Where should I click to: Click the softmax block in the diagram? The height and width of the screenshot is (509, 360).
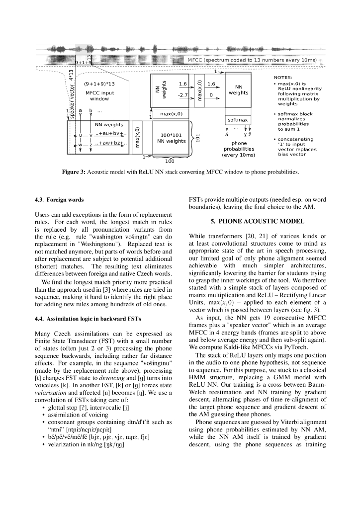coord(238,120)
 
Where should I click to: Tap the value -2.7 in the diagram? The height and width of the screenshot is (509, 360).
coord(182,94)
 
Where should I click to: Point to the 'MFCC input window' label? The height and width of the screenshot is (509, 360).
coord(99,96)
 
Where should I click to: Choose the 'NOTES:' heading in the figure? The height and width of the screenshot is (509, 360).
coord(283,78)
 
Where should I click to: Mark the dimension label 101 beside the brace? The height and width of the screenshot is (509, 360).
coord(197,137)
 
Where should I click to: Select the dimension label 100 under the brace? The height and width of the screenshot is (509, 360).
coord(170,161)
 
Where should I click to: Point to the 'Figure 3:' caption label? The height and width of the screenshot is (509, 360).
coord(74,172)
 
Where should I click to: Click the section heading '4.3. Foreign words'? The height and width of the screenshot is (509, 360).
coord(59,200)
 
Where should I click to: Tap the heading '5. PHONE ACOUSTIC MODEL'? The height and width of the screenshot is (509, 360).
coord(258,220)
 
